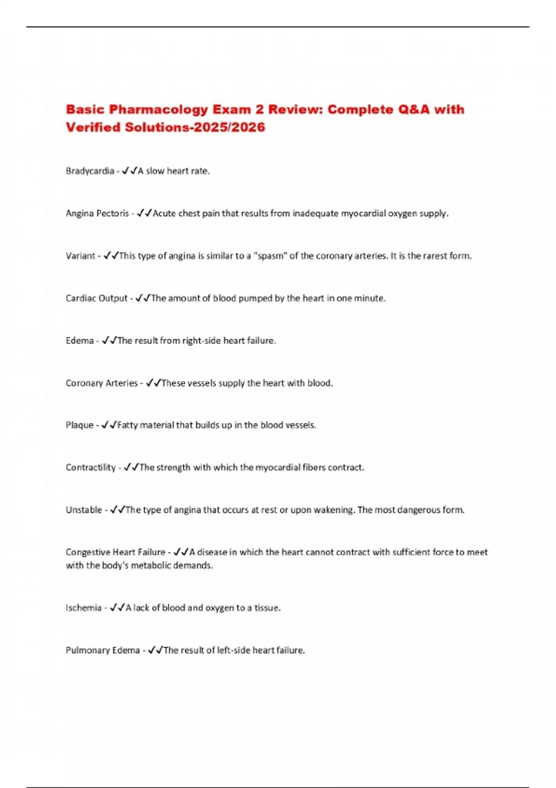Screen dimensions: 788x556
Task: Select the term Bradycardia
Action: tap(90, 171)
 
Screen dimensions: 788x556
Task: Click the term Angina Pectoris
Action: tap(97, 214)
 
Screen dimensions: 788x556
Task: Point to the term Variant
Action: tap(81, 256)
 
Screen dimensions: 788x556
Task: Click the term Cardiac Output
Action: tap(96, 299)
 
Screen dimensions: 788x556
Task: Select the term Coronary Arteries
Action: tap(101, 383)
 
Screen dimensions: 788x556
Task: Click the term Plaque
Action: tap(80, 425)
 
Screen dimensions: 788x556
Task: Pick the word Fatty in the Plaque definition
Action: tap(127, 425)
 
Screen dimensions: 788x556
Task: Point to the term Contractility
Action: tap(91, 468)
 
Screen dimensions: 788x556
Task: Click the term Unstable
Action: tap(84, 510)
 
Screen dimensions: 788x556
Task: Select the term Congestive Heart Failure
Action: tap(115, 552)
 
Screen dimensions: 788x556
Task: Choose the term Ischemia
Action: tap(83, 608)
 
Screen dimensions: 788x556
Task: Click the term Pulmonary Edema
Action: tap(102, 650)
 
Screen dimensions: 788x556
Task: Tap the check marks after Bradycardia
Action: tap(130, 171)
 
